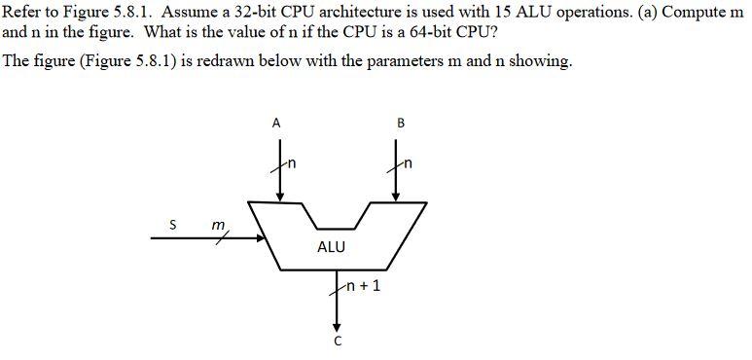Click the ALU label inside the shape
tap(331, 247)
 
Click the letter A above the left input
tap(276, 123)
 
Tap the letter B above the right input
tap(400, 123)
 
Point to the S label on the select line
tap(172, 225)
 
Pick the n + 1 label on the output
tap(363, 287)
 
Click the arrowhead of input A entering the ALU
tap(280, 198)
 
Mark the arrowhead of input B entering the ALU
tap(395, 198)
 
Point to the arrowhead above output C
tap(338, 326)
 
